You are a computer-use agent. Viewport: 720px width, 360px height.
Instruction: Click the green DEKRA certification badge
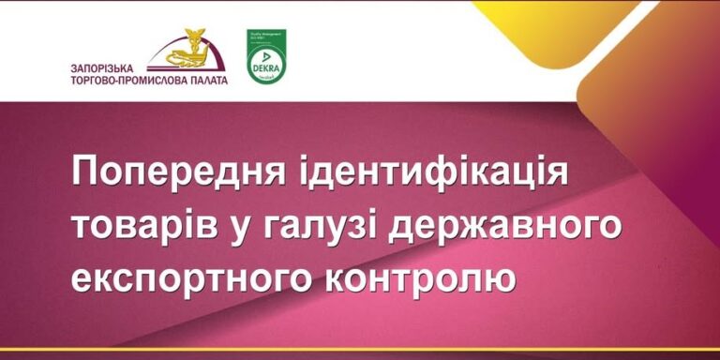[x=266, y=56]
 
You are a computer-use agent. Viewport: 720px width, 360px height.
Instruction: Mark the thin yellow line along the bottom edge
[x=360, y=349]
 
